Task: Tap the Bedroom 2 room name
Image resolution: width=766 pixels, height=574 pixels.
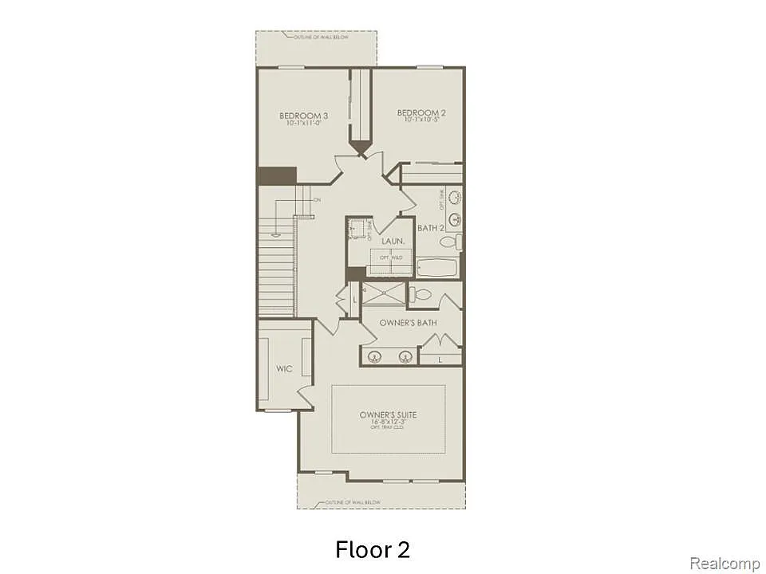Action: pyautogui.click(x=421, y=113)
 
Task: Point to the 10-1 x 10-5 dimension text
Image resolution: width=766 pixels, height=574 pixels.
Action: pyautogui.click(x=421, y=121)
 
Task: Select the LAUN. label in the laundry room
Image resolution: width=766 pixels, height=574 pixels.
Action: pyautogui.click(x=391, y=240)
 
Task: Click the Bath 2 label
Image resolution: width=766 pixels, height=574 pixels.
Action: pyautogui.click(x=430, y=228)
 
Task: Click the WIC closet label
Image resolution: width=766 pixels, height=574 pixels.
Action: pyautogui.click(x=284, y=369)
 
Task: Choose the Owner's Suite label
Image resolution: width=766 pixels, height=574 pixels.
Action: pyautogui.click(x=389, y=415)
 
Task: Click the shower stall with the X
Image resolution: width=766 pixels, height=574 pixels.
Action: pyautogui.click(x=383, y=293)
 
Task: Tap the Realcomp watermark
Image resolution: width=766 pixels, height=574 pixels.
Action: pyautogui.click(x=725, y=564)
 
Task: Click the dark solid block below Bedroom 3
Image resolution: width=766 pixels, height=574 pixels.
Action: pyautogui.click(x=276, y=175)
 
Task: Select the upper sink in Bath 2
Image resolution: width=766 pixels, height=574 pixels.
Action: pyautogui.click(x=455, y=196)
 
